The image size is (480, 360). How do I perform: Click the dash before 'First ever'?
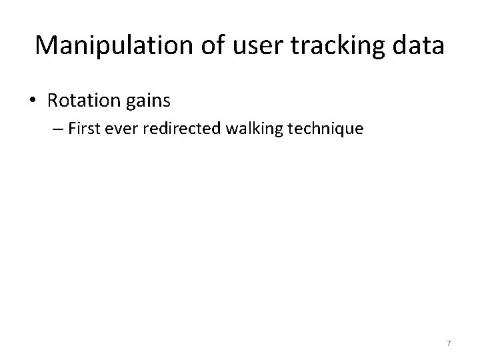click(x=73, y=129)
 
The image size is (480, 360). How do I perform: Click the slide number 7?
click(x=449, y=343)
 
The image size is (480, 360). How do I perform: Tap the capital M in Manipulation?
click(x=47, y=45)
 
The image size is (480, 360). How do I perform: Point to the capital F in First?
click(x=88, y=129)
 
